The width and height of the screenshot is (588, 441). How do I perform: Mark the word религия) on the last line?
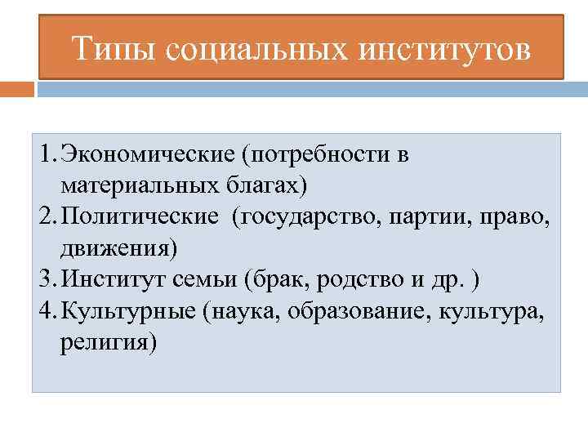(107, 340)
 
